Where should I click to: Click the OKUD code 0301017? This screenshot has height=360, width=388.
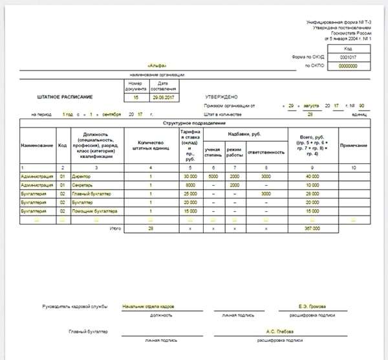coord(349,58)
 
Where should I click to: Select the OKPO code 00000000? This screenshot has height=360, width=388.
coord(349,66)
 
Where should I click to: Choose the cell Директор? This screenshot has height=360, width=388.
coord(85,176)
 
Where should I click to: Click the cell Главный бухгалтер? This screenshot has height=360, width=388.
coord(94,194)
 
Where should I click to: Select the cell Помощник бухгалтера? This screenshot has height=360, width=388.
coord(97,211)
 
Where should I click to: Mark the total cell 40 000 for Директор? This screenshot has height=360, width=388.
coord(313,176)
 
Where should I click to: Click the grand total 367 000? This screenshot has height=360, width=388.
coord(313,229)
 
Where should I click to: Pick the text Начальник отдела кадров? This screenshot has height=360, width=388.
coord(148,306)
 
